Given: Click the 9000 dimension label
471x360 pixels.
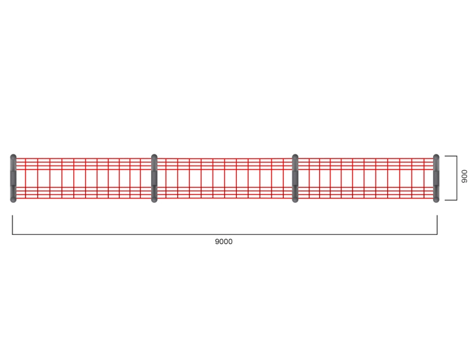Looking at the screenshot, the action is [x=224, y=242].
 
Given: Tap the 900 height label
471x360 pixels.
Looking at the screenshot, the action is [x=464, y=176].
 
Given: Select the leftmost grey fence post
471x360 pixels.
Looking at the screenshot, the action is [x=13, y=178].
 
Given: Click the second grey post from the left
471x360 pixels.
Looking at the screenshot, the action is [x=154, y=178].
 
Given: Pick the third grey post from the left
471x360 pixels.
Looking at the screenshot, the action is [x=295, y=178].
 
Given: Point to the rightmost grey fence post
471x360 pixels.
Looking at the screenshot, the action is [x=436, y=178].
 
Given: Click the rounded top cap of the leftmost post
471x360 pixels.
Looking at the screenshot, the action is [x=13, y=157].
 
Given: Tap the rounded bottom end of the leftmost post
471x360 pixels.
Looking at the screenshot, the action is [x=13, y=200].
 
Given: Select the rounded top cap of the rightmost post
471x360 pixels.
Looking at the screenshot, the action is [x=436, y=157].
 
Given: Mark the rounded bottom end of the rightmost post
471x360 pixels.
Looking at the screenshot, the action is [x=436, y=200].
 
